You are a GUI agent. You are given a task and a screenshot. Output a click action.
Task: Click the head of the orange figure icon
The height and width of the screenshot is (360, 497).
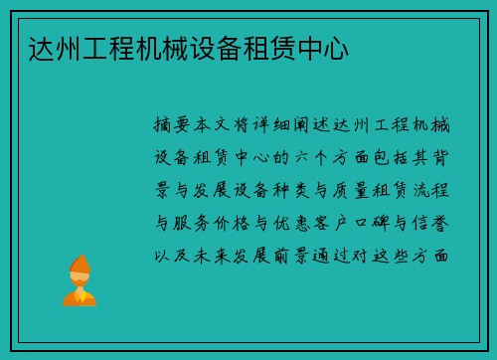[x=80, y=266]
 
